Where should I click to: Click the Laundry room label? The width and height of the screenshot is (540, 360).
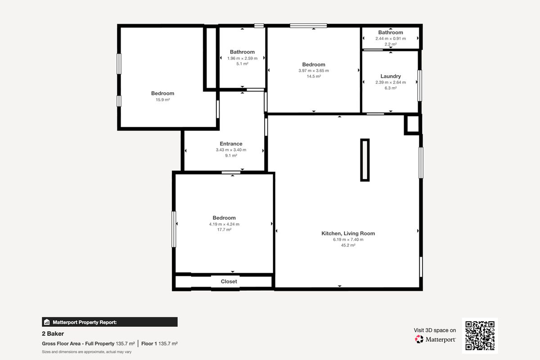coord(390,76)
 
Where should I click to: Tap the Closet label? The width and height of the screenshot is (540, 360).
coord(229,281)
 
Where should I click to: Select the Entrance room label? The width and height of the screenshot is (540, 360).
coord(231,144)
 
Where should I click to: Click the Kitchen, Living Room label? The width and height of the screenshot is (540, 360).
coord(348,233)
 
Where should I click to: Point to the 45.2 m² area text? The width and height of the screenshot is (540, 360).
coord(348,246)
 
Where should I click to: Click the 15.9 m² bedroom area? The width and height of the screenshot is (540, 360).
coord(162,100)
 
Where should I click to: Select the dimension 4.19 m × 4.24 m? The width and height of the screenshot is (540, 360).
coord(224,224)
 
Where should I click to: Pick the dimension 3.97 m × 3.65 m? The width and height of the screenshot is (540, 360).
coord(314,71)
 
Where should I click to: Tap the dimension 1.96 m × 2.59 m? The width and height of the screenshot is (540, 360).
coord(242,58)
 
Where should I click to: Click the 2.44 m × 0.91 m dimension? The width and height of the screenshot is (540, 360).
coord(391,39)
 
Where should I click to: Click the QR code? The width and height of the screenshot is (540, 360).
coord(480,335)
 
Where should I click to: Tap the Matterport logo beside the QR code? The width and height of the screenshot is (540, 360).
coord(435,339)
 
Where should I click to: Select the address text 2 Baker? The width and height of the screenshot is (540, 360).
coord(53,334)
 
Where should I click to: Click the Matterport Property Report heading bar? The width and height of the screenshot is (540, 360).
coord(109,322)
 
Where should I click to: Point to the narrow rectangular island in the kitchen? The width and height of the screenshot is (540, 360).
coord(365,160)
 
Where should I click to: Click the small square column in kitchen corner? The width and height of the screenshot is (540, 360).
coord(413,124)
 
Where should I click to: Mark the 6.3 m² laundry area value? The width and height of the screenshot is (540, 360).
coord(391,88)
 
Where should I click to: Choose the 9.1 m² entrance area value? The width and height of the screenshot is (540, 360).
coord(231,156)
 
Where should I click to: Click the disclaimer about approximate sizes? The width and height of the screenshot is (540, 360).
coord(86,352)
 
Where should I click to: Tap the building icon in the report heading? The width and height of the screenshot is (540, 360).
coord(46,322)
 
